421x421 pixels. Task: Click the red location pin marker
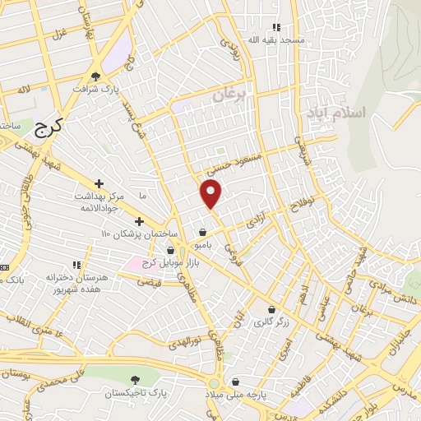pyautogui.click(x=211, y=193)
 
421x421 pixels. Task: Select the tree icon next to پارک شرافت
pyautogui.click(x=96, y=76)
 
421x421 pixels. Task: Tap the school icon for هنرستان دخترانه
pyautogui.click(x=76, y=266)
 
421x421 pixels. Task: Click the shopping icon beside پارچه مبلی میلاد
pyautogui.click(x=237, y=382)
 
